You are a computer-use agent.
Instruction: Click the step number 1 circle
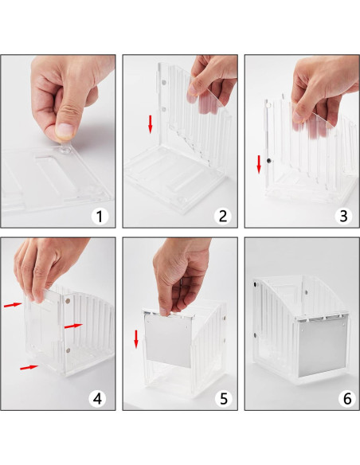coord(100,217)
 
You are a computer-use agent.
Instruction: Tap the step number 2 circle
coord(223,217)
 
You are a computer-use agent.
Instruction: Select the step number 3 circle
coord(344,217)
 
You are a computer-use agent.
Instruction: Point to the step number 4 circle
coord(97,399)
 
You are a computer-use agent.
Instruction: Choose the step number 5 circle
coord(224,399)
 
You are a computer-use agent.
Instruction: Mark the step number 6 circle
coord(347,399)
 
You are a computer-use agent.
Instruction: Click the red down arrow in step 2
coord(151,124)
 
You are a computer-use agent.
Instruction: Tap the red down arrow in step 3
coord(259,164)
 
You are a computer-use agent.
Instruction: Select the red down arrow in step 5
coord(136,339)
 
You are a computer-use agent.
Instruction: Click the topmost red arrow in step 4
coord(13,305)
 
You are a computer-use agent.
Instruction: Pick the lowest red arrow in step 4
coord(29,367)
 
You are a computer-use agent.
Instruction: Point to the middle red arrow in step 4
coord(73,326)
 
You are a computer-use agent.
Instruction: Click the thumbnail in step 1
coord(65,131)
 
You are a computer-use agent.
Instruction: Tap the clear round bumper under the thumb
coord(65,150)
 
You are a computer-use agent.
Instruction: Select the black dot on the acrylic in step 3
coord(269,161)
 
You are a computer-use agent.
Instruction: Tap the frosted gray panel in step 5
coord(168,341)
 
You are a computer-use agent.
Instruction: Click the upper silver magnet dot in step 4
coord(68,301)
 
